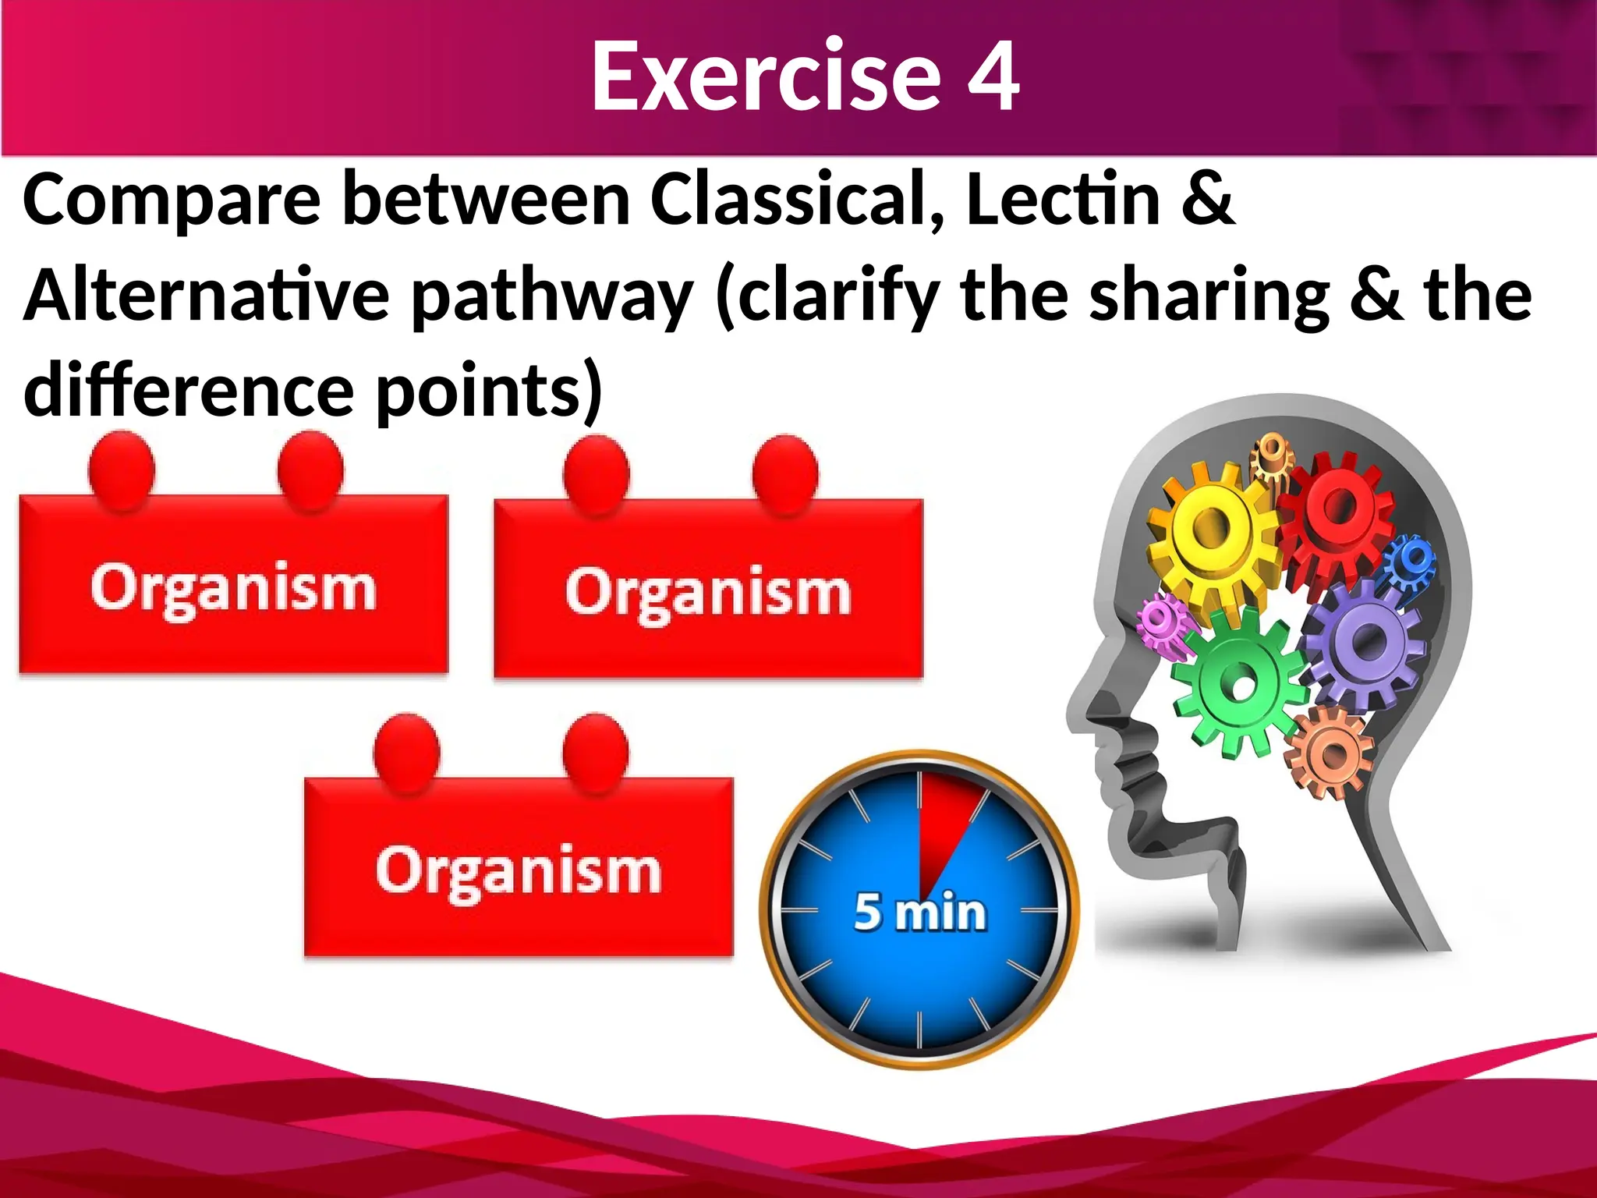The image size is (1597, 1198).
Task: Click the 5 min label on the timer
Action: pyautogui.click(x=920, y=912)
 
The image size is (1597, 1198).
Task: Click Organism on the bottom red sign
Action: pyautogui.click(x=519, y=870)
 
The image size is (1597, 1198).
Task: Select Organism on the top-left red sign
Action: pyautogui.click(x=233, y=588)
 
